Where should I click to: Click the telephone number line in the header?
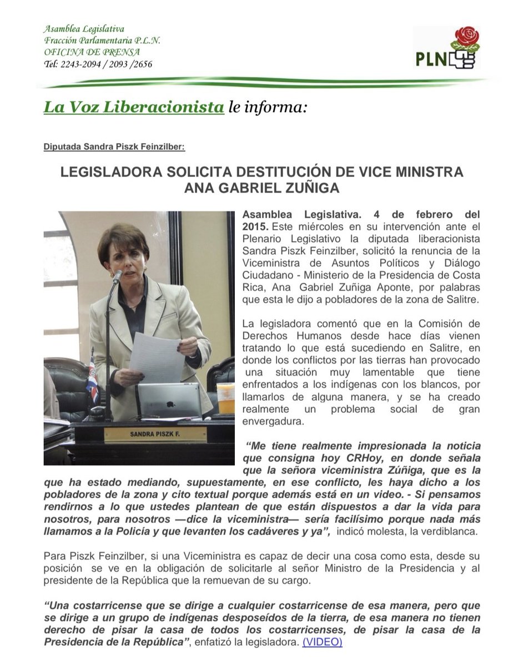(x=98, y=64)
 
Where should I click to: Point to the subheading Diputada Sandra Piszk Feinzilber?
(x=114, y=147)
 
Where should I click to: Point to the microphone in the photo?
(x=117, y=277)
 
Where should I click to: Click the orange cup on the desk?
(x=226, y=397)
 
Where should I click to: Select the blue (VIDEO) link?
(x=322, y=642)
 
